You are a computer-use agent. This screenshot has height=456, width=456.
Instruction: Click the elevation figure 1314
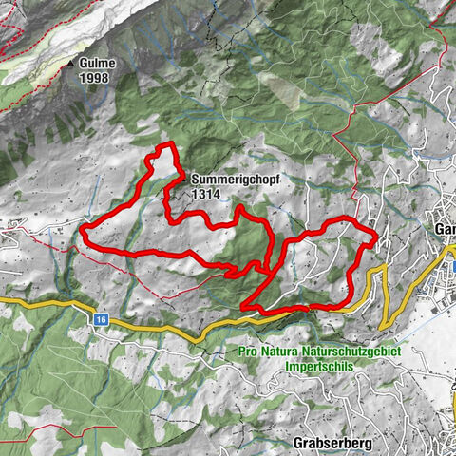(204, 192)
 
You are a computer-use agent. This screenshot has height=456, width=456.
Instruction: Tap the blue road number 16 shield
(101, 321)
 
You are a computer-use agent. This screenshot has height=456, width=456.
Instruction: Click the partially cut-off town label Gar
(444, 230)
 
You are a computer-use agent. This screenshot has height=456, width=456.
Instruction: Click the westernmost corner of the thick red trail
(83, 228)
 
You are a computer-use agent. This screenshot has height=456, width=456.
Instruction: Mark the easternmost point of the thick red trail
(376, 234)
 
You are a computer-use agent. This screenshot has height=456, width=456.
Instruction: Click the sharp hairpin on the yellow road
(383, 270)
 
